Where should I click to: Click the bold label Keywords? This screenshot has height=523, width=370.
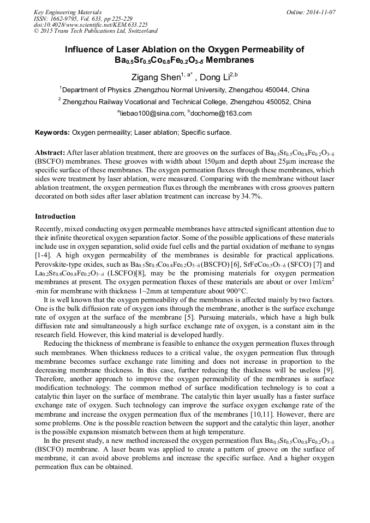tap(52, 133)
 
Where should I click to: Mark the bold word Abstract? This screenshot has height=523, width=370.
tap(50, 153)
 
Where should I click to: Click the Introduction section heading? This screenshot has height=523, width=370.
tap(55, 217)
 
